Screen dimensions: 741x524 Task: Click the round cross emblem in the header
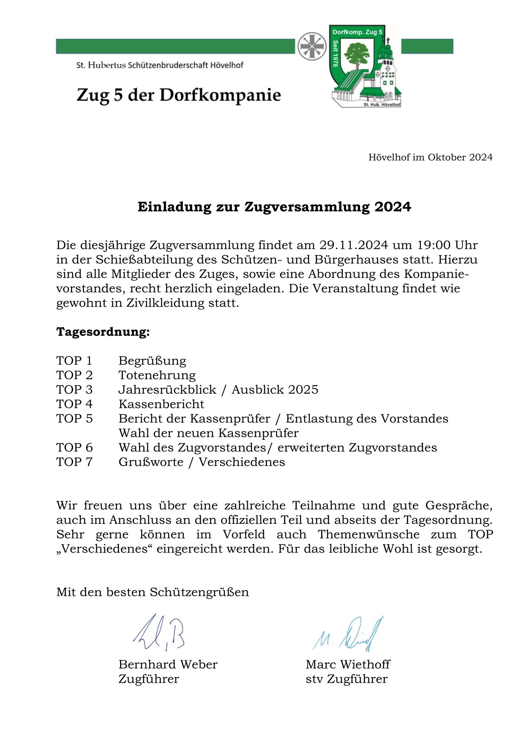click(x=312, y=46)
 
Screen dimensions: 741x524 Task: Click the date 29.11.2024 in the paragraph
click(x=353, y=245)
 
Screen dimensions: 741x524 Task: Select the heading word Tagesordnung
click(x=103, y=332)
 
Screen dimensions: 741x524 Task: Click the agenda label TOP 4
click(x=74, y=404)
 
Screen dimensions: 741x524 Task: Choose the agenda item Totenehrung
click(x=157, y=375)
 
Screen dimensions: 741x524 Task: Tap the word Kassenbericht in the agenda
click(x=161, y=404)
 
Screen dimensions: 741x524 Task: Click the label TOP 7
click(x=74, y=462)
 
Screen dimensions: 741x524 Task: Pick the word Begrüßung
click(x=152, y=361)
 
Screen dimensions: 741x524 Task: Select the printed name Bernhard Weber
click(x=168, y=665)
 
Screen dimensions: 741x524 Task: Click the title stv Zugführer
click(x=347, y=679)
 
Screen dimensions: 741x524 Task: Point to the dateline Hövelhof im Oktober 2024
click(x=430, y=158)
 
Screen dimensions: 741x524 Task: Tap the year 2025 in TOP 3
click(x=302, y=390)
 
